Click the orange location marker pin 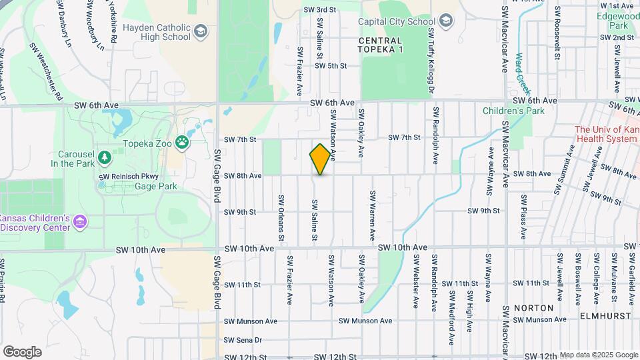[x=320, y=159]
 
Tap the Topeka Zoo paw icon [x=181, y=142]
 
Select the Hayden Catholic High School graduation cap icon [x=200, y=31]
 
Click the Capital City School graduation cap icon [x=445, y=21]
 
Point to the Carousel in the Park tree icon [x=103, y=157]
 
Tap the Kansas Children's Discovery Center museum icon [x=80, y=221]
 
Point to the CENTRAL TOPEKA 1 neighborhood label [x=390, y=45]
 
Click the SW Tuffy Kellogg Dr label [x=431, y=61]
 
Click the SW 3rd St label [x=319, y=10]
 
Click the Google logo [x=22, y=351]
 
